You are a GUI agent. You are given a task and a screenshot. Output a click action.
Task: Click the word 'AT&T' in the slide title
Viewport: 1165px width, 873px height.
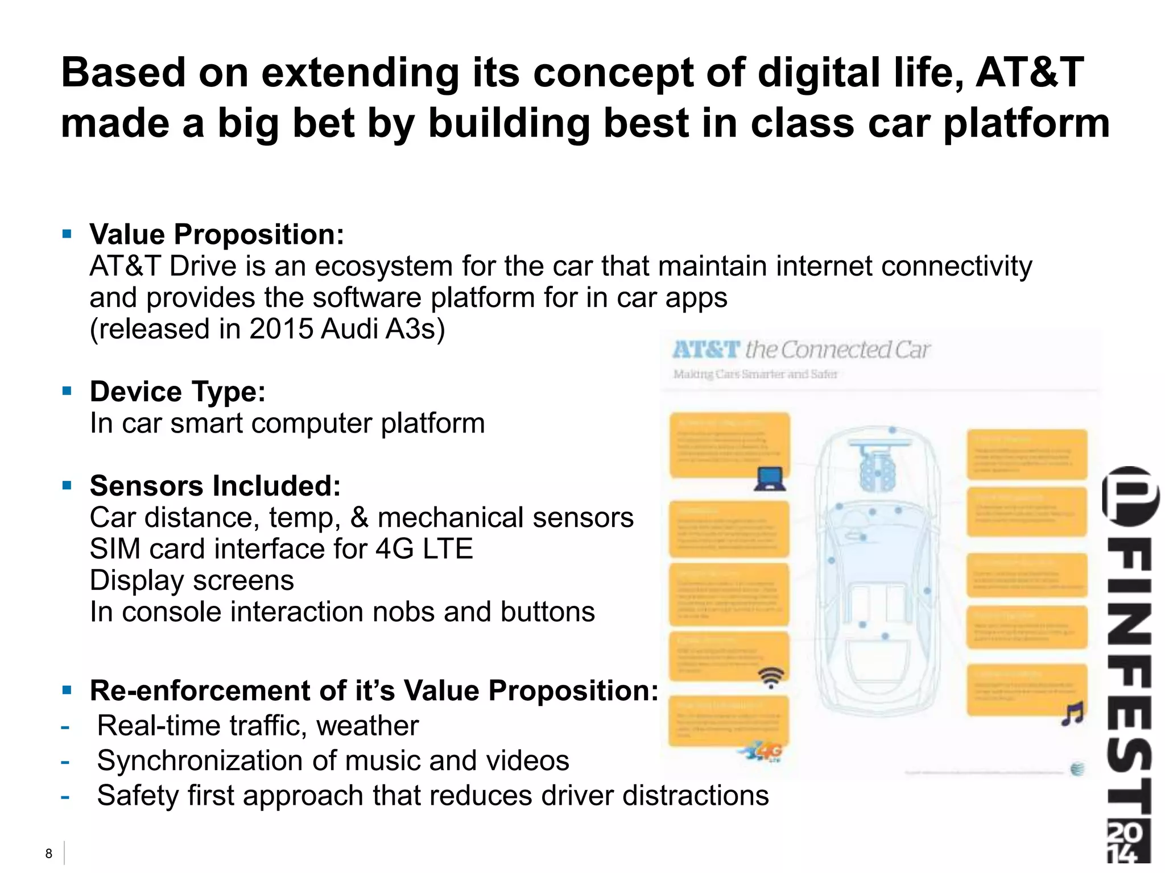coord(1030,73)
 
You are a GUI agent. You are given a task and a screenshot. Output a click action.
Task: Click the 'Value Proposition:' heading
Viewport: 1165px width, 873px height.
coord(217,234)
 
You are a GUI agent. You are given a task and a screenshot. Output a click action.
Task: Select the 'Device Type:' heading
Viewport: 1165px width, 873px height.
coord(177,392)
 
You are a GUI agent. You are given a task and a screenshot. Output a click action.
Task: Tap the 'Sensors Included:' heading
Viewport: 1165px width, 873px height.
coord(215,486)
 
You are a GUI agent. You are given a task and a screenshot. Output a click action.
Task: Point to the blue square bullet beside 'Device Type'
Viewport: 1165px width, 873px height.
coord(67,390)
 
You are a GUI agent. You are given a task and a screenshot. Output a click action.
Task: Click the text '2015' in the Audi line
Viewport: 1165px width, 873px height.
coord(281,329)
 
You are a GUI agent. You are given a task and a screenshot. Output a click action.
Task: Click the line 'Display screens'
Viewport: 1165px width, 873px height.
coord(192,580)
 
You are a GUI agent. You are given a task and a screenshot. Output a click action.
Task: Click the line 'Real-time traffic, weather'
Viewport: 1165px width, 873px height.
coord(258,726)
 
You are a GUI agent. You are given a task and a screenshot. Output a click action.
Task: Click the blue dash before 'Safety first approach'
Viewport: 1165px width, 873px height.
coord(65,797)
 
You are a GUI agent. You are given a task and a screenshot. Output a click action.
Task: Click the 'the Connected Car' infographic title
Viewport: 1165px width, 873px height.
coord(837,350)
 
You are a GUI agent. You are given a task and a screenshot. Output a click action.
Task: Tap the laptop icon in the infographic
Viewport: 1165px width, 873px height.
coord(770,479)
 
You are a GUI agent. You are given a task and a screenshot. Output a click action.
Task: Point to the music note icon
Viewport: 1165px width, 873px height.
coord(1073,714)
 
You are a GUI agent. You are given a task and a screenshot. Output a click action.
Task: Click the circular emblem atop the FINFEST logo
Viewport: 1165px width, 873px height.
coord(1130,496)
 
